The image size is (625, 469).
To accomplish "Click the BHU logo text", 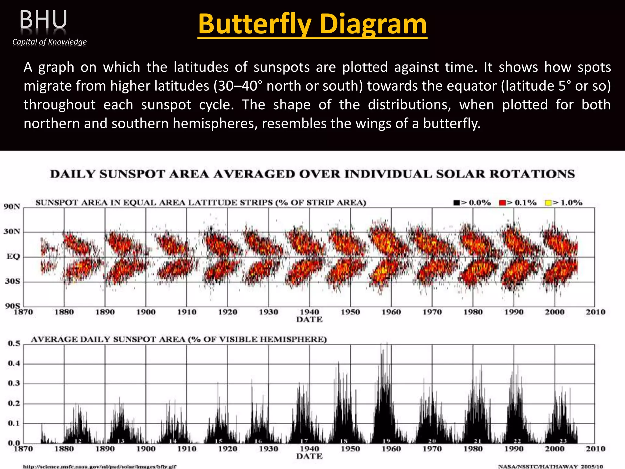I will tap(43, 20).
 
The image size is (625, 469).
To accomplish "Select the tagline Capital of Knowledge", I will tap(49, 42).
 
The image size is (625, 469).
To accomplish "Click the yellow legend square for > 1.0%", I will tap(548, 203).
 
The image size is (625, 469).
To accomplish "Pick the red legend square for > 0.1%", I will tap(502, 203).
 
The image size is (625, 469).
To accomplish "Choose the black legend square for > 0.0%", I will tap(456, 203).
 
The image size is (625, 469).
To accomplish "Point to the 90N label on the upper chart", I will tap(12, 207).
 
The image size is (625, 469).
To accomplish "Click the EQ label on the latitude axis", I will tap(13, 256).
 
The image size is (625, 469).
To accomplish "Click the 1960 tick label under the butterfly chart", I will tap(391, 312).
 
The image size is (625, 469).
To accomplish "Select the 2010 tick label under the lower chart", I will tap(595, 449).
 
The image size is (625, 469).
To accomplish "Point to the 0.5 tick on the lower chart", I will tap(14, 344).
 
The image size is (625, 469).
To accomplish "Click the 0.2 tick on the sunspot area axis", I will tap(14, 403).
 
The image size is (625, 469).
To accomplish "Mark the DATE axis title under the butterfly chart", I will tap(309, 320).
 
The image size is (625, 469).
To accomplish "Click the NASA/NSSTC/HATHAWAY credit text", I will tap(551, 467).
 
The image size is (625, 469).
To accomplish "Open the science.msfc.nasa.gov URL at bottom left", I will tap(100, 467).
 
